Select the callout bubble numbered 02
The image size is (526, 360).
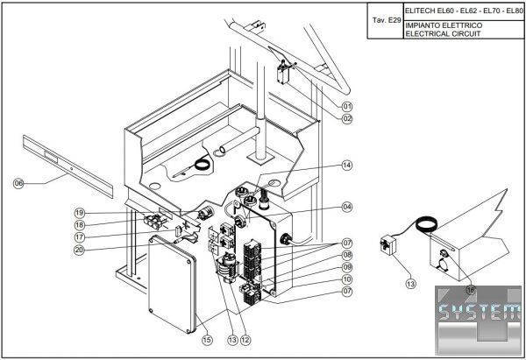[x=347, y=118]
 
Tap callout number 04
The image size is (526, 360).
[x=347, y=207]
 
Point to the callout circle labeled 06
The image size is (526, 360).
[x=18, y=183]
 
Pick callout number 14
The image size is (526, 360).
[x=347, y=165]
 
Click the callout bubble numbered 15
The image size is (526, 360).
[x=207, y=340]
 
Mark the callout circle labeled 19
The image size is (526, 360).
[x=79, y=213]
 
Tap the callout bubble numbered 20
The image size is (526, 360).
[x=79, y=250]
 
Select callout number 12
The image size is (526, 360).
[x=246, y=340]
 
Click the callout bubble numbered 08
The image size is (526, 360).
[x=347, y=255]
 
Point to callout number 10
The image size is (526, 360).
[x=347, y=279]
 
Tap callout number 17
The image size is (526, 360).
[x=79, y=236]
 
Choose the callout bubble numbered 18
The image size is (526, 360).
[x=79, y=224]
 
